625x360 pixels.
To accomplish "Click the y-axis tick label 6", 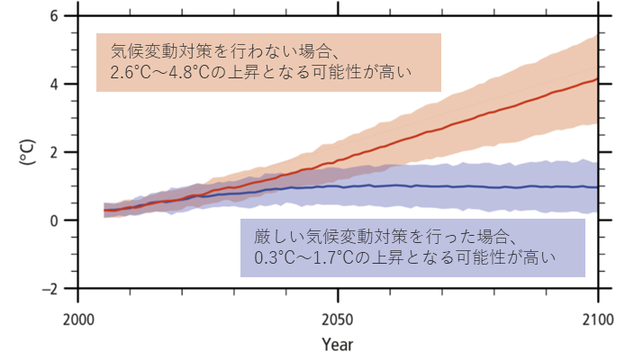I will coord(55,16).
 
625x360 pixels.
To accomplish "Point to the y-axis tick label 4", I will coord(55,85).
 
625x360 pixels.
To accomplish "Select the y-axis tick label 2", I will coord(55,152).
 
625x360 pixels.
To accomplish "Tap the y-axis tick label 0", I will coord(55,220).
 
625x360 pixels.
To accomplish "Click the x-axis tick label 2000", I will coord(78,319).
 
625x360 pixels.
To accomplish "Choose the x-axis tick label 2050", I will coord(338,319).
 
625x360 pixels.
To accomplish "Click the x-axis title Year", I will coord(338,344).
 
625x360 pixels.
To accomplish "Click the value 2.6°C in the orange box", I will coord(131,72).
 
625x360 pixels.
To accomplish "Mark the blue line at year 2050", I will coord(338,186).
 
